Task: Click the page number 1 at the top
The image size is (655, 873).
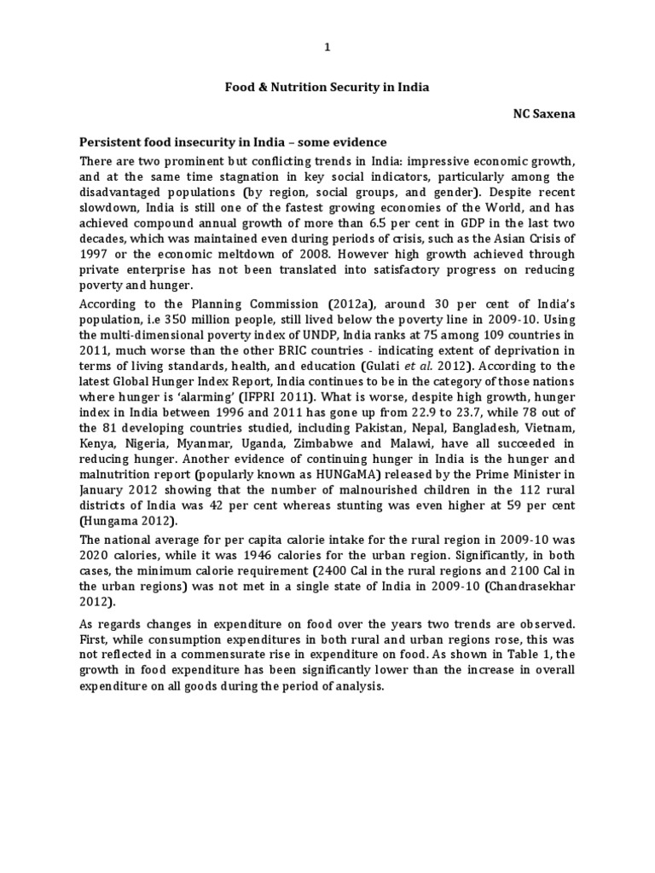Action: click(327, 48)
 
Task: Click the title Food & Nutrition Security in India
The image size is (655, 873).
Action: click(327, 86)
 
